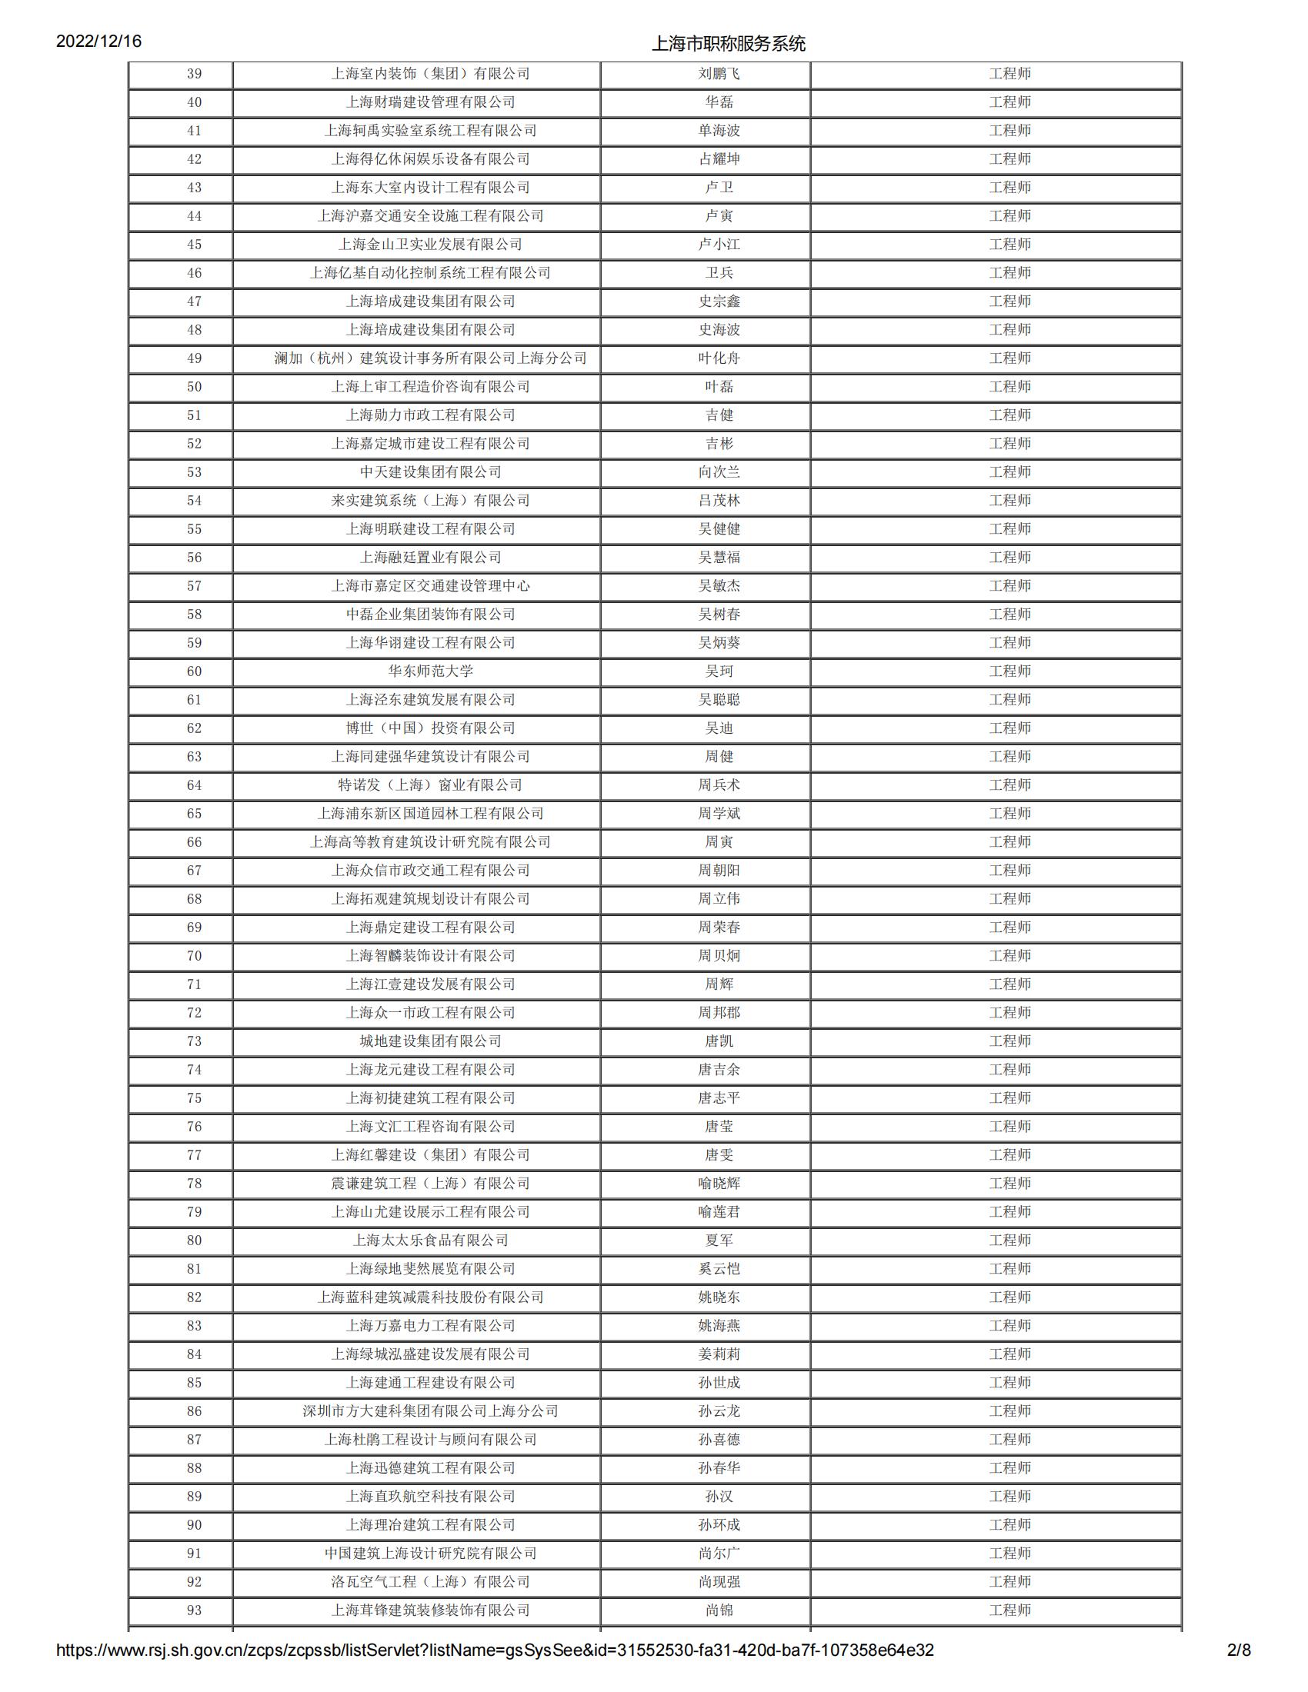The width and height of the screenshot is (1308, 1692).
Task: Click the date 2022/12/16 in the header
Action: tap(99, 42)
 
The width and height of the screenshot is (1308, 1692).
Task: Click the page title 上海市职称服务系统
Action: tap(729, 44)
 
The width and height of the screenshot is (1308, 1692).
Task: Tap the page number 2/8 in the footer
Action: tap(1239, 1671)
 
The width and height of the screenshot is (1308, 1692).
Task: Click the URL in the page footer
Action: tap(496, 1671)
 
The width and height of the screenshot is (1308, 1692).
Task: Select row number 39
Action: tap(195, 75)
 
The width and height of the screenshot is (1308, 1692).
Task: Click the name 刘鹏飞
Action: tap(719, 75)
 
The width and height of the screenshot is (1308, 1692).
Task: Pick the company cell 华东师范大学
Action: tap(430, 671)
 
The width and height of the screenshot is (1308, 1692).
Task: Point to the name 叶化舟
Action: tap(719, 358)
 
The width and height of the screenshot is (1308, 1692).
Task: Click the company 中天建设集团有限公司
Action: tap(430, 472)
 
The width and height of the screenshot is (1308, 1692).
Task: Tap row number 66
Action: tap(195, 842)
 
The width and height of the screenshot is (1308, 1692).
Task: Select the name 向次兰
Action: tap(719, 472)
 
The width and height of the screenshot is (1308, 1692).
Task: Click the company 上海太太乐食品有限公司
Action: tap(430, 1241)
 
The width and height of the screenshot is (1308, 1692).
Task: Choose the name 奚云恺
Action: tap(719, 1269)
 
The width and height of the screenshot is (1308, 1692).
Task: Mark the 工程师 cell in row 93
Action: tap(1009, 1610)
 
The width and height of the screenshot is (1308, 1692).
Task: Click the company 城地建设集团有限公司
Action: tap(430, 1041)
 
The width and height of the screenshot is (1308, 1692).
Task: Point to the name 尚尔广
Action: tap(719, 1554)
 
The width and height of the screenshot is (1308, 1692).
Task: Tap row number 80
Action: tap(195, 1241)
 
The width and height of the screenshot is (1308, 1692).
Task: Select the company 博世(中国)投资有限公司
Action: tap(430, 728)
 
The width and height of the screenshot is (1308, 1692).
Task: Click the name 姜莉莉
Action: tap(719, 1354)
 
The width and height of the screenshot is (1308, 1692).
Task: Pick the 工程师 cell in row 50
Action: tap(1009, 388)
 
